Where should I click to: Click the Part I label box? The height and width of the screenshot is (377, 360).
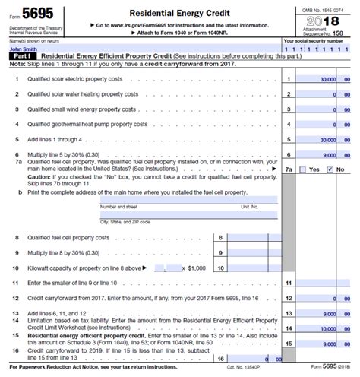click(x=21, y=57)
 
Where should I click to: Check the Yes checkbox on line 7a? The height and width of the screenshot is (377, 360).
click(x=301, y=169)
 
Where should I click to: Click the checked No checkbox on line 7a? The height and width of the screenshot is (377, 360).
click(x=329, y=169)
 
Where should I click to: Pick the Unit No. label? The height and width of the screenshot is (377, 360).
click(x=250, y=206)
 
